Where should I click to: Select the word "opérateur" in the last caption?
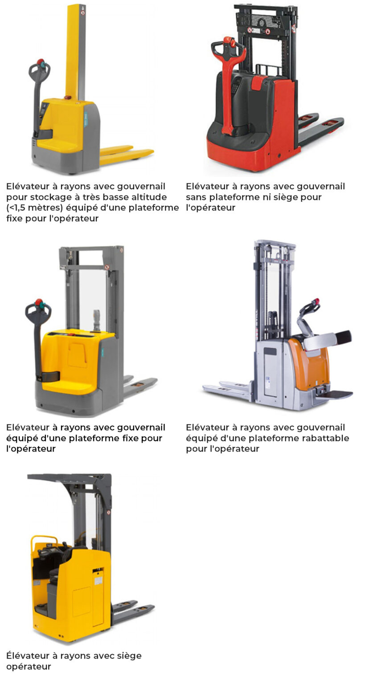29,666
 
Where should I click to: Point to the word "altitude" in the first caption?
148,197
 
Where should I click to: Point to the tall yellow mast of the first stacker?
75,52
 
